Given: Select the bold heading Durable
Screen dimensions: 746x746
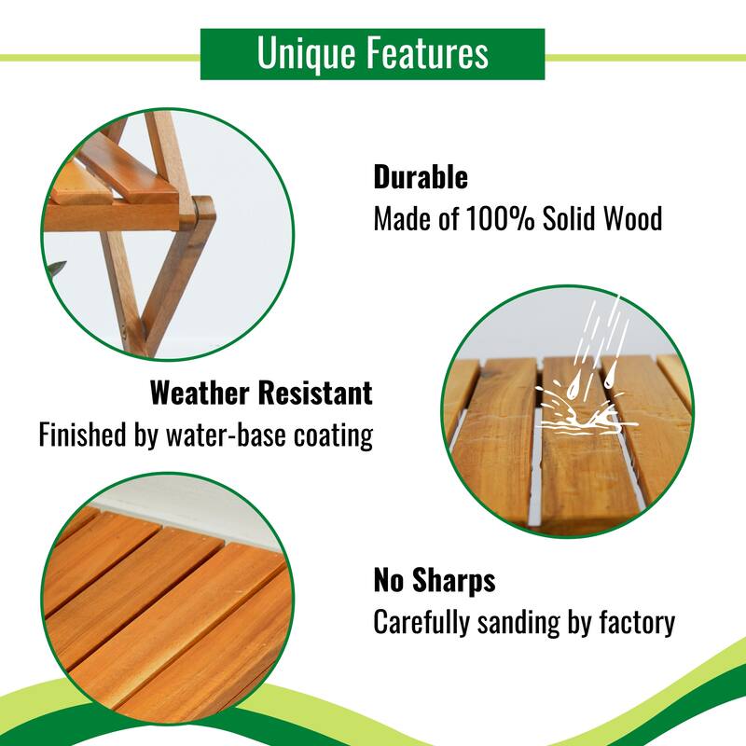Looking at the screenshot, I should click(x=421, y=177).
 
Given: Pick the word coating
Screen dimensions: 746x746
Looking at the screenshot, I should click(x=334, y=435).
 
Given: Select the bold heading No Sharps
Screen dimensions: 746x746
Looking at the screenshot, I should click(x=435, y=581).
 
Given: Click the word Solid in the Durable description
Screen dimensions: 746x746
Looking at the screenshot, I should click(x=564, y=220).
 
